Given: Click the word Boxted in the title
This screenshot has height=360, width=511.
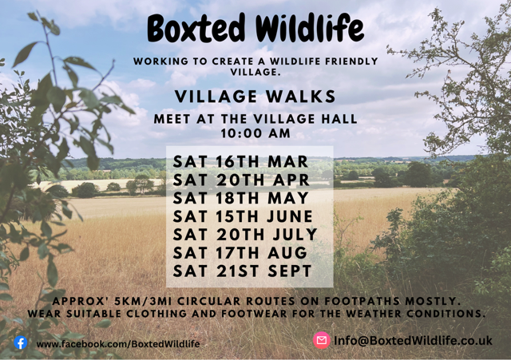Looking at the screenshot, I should [194, 29].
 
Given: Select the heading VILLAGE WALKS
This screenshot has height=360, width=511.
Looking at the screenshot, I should [255, 97].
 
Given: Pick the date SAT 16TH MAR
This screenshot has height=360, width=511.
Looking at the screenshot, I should [240, 163].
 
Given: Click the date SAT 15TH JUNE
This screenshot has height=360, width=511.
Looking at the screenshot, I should [244, 216].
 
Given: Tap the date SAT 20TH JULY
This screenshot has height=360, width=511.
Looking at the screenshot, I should [245, 235].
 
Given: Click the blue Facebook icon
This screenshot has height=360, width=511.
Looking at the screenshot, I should [21, 342].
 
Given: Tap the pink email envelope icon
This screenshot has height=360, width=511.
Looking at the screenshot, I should [322, 341].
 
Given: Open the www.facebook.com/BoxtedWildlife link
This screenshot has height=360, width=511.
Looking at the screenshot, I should [118, 343].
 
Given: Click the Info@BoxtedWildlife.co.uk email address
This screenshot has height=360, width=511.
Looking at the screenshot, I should [413, 341].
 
